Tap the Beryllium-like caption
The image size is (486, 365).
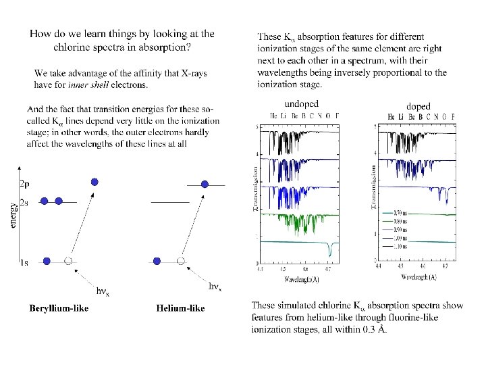click(x=59, y=308)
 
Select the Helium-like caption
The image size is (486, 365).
click(x=180, y=308)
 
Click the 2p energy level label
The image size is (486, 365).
click(x=24, y=183)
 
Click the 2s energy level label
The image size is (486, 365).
click(x=24, y=201)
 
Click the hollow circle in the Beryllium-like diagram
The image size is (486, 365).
click(x=67, y=261)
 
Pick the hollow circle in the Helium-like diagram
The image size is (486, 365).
click(x=180, y=261)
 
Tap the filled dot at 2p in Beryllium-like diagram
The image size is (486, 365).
click(x=94, y=181)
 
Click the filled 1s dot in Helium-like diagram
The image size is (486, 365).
click(x=157, y=261)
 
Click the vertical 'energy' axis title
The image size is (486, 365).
click(x=13, y=217)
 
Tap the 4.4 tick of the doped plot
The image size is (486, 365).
click(x=380, y=268)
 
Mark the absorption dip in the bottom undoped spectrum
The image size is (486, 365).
click(x=329, y=251)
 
